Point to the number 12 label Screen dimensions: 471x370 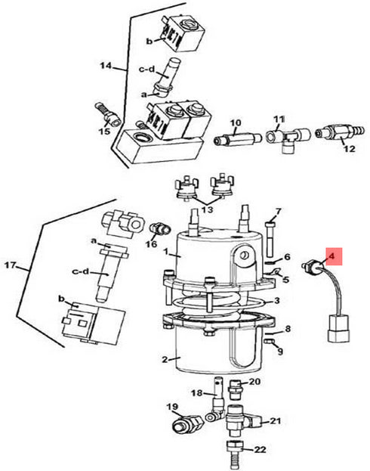(x=348, y=148)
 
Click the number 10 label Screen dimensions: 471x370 (x=235, y=122)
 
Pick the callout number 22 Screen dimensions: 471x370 (x=261, y=450)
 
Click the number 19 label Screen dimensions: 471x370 (x=171, y=407)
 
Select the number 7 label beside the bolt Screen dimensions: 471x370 (x=277, y=211)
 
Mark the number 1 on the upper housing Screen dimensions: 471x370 (x=175, y=256)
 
